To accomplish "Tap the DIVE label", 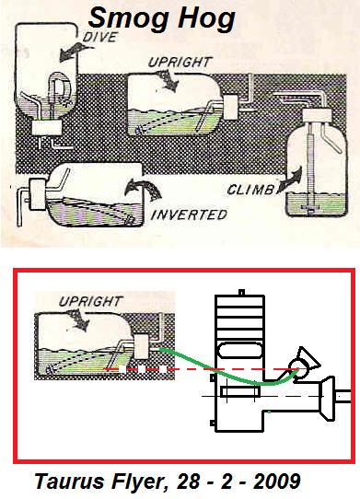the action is click(x=99, y=37).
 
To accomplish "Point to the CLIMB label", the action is click(x=250, y=190).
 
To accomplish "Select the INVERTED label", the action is click(x=189, y=215).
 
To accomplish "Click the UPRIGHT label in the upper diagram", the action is click(x=180, y=62).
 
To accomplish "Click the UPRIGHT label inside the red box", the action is click(x=91, y=301).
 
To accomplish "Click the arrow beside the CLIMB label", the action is click(x=291, y=180).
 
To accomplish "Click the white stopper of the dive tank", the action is click(x=47, y=128).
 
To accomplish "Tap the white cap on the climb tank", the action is click(x=320, y=115).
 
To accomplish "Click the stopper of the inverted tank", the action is click(x=38, y=194).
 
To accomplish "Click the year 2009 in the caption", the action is click(x=277, y=481).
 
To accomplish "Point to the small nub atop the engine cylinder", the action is click(x=241, y=292).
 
